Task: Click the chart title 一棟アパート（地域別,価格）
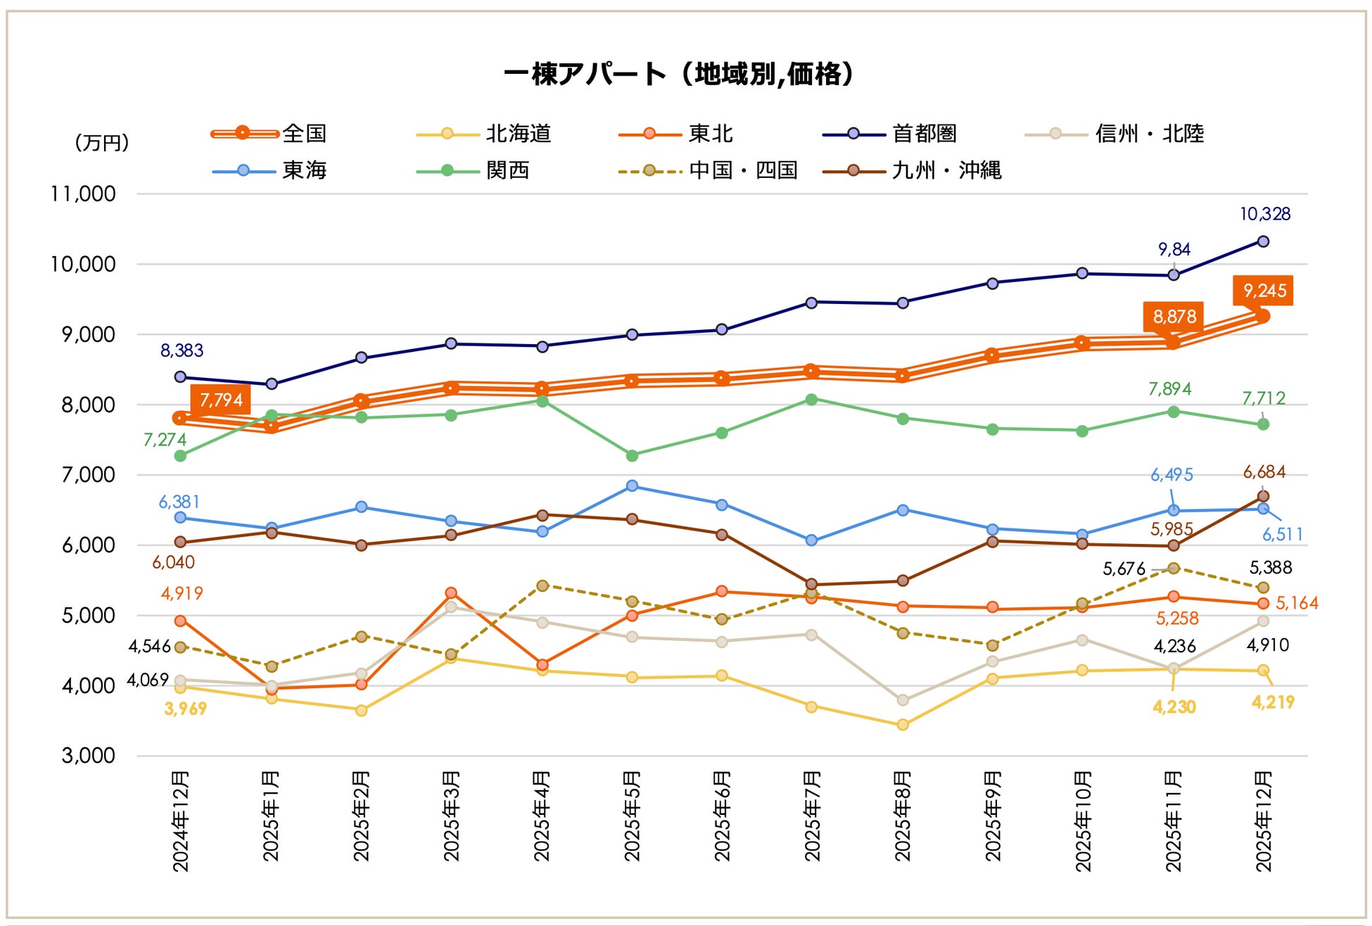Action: coord(679,74)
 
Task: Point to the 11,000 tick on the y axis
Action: coord(83,194)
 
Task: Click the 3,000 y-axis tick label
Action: coord(88,756)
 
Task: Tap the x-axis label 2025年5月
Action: coord(632,816)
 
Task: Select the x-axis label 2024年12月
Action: coord(181,821)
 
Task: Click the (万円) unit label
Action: coord(101,143)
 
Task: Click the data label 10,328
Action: coord(1264,214)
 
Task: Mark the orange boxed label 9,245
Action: coord(1264,291)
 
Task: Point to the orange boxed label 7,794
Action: coord(220,400)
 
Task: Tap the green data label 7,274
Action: coord(165,440)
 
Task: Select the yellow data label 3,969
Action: coord(185,709)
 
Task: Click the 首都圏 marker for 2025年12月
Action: coord(1263,241)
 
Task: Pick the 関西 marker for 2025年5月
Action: coord(632,456)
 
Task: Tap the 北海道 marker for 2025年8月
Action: coord(903,725)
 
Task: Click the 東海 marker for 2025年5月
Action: coord(632,486)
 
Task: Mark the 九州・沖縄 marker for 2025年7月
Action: coord(811,584)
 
